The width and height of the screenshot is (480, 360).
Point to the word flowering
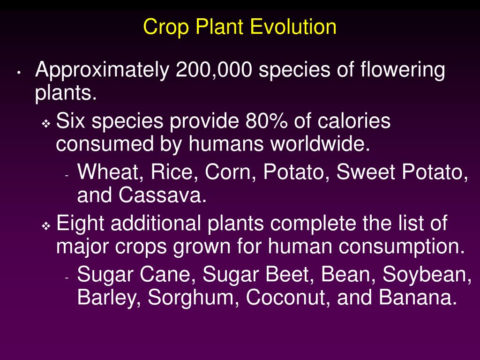pos(403,71)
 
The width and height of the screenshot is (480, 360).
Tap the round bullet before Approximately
pos(18,73)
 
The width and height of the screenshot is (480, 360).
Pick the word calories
pos(354,122)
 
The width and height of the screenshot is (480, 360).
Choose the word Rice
pos(172,173)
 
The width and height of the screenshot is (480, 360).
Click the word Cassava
pos(162,195)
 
